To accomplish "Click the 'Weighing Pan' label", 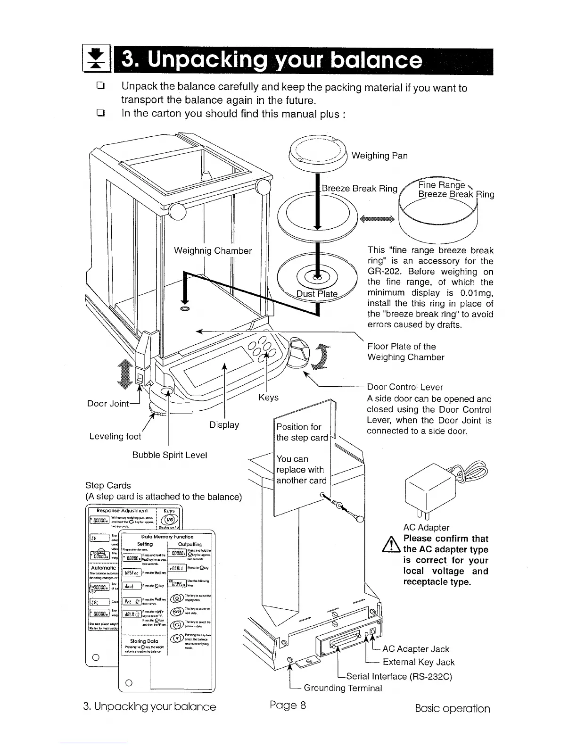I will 379,156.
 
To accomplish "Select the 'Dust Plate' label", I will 317,294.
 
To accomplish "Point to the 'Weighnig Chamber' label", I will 213,251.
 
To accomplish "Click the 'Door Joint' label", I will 108,404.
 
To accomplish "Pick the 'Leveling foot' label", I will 115,437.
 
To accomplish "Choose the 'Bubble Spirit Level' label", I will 169,455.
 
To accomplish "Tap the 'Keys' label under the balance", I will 268,398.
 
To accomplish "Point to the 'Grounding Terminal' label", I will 343,688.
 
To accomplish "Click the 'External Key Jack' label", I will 418,662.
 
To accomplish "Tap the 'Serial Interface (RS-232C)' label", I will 399,677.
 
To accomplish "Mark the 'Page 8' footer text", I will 288,705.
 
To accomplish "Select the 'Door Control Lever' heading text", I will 405,387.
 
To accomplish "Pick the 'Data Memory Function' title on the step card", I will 167,537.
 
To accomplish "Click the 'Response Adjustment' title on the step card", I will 122,511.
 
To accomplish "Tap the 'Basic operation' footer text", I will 452,708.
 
